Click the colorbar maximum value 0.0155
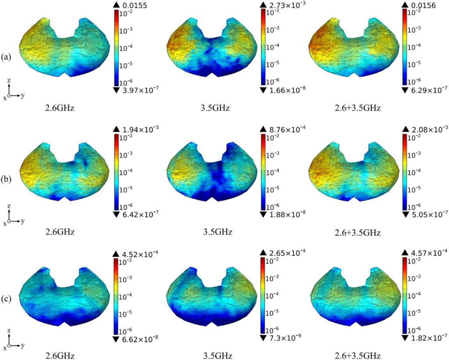pyautogui.click(x=135, y=5)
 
